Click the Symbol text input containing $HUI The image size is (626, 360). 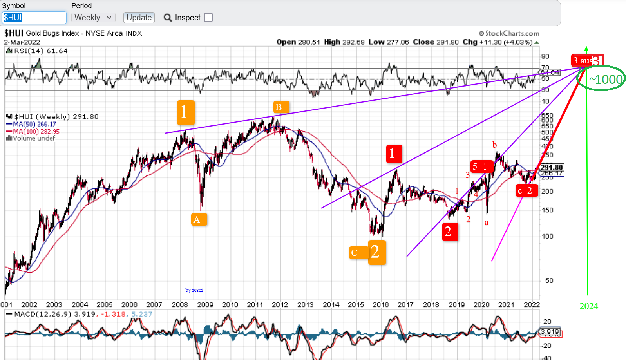click(34, 18)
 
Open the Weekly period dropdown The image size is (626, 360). click(93, 18)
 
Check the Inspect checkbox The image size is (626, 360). click(208, 18)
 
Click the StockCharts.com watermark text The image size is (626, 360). click(509, 33)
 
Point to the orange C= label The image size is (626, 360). click(358, 253)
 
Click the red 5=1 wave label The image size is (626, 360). click(480, 166)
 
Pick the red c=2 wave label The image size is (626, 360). click(526, 190)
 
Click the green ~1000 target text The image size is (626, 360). click(606, 80)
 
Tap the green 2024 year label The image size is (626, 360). click(588, 306)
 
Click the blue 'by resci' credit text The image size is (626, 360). click(194, 290)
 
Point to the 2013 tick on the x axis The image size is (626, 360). click(305, 305)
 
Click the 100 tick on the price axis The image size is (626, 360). click(547, 236)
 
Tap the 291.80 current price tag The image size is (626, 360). click(551, 167)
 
